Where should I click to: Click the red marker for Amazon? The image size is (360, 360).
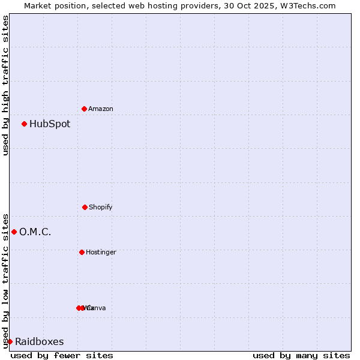(x=85, y=109)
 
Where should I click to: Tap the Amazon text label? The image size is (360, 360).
(x=101, y=109)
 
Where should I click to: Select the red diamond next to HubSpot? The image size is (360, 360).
(x=25, y=124)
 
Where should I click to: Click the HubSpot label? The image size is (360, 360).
(x=50, y=124)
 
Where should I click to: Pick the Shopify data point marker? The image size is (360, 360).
(x=85, y=207)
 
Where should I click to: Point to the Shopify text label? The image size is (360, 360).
(x=101, y=208)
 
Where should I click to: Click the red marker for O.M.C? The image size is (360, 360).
(x=14, y=232)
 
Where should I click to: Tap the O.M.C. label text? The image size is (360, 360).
(x=35, y=232)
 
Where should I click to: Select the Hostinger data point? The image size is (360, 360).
(x=82, y=252)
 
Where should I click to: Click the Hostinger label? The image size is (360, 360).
(x=101, y=253)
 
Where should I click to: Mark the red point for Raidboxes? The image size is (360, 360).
(x=10, y=341)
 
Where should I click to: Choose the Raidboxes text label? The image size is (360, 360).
(x=40, y=342)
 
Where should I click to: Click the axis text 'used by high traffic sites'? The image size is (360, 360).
(x=5, y=85)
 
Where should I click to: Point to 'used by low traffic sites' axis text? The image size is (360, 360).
(x=5, y=280)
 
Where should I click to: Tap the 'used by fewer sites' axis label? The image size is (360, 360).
(x=62, y=355)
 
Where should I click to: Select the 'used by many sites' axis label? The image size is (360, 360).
(x=301, y=355)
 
